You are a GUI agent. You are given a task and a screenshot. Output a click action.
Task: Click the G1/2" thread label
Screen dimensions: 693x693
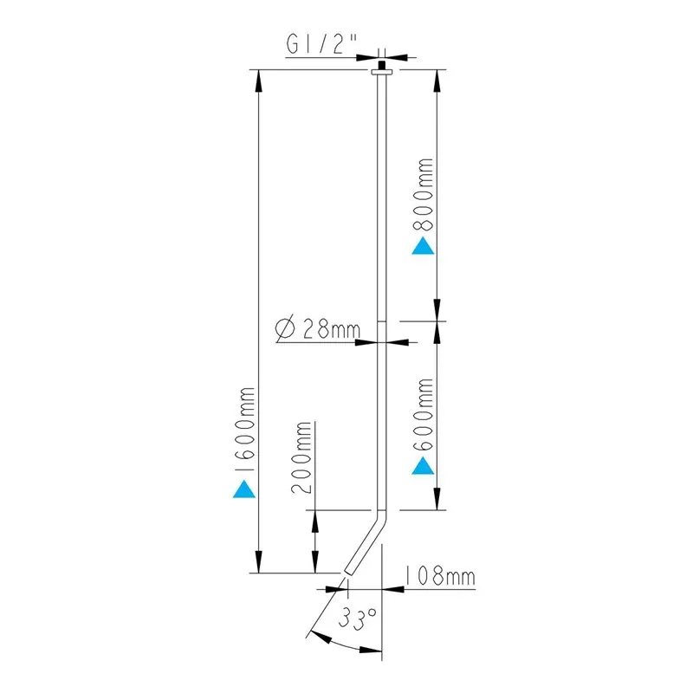(321, 44)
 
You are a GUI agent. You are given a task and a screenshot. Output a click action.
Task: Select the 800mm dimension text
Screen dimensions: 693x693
(423, 194)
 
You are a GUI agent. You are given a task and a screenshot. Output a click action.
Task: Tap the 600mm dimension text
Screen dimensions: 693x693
(423, 415)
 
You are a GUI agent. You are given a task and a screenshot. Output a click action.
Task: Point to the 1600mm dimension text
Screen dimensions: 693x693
(244, 430)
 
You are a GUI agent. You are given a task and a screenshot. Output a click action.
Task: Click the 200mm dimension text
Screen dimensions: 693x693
(301, 457)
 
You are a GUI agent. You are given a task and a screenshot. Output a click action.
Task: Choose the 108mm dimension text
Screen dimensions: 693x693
(440, 576)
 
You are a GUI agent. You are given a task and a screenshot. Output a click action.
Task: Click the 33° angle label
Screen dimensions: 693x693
(358, 618)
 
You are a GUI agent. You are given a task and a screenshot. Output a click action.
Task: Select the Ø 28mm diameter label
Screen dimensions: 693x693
(318, 328)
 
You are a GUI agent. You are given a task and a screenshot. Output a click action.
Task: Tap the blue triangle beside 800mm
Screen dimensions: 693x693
(423, 246)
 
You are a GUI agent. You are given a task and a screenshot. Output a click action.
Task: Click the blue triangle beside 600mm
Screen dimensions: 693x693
(423, 466)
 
